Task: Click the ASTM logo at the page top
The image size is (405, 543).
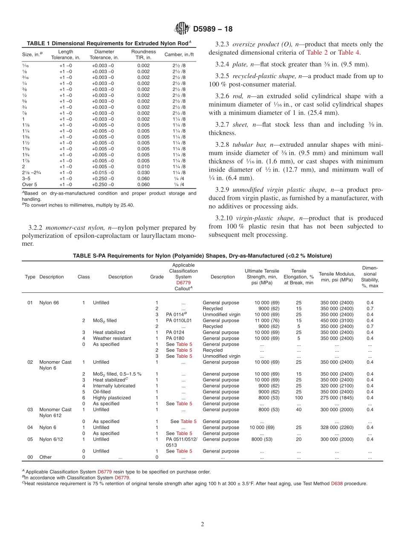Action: [x=182, y=29]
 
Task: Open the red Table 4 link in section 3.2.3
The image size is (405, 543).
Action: [x=349, y=53]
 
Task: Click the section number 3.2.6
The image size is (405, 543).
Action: [x=222, y=96]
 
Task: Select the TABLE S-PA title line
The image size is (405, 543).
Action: [x=202, y=256]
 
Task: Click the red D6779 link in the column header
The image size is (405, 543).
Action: [x=183, y=283]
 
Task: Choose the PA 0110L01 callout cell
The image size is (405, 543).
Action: [x=179, y=321]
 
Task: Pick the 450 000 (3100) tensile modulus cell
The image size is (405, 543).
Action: [x=337, y=321]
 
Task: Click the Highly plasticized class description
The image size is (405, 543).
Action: [x=112, y=398]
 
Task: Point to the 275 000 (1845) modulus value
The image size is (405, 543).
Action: [x=337, y=398]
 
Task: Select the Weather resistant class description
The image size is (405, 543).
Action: [x=112, y=339]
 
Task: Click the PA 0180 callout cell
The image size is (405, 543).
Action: [x=175, y=339]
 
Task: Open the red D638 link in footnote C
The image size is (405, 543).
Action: [x=338, y=484]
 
